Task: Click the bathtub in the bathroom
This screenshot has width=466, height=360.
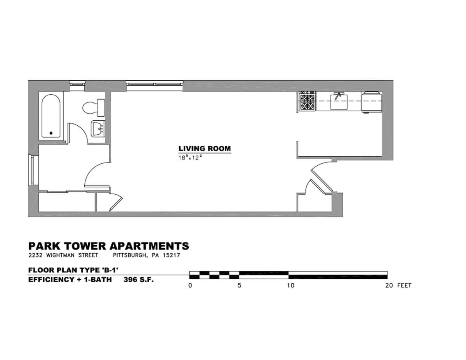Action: click(x=51, y=116)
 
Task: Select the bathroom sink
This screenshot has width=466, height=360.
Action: click(x=97, y=129)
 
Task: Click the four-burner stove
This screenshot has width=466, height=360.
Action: click(x=307, y=101)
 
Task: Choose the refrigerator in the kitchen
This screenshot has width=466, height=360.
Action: click(x=372, y=102)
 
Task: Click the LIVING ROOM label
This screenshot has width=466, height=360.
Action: click(x=204, y=149)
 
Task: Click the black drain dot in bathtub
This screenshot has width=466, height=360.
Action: click(x=51, y=133)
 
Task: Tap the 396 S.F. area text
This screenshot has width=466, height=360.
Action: click(x=139, y=279)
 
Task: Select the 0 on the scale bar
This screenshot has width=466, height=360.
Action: click(x=190, y=286)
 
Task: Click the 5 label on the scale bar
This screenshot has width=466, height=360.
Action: click(x=239, y=286)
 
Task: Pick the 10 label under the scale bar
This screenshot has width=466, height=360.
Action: click(x=290, y=286)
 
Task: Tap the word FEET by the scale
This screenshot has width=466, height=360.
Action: click(x=404, y=286)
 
